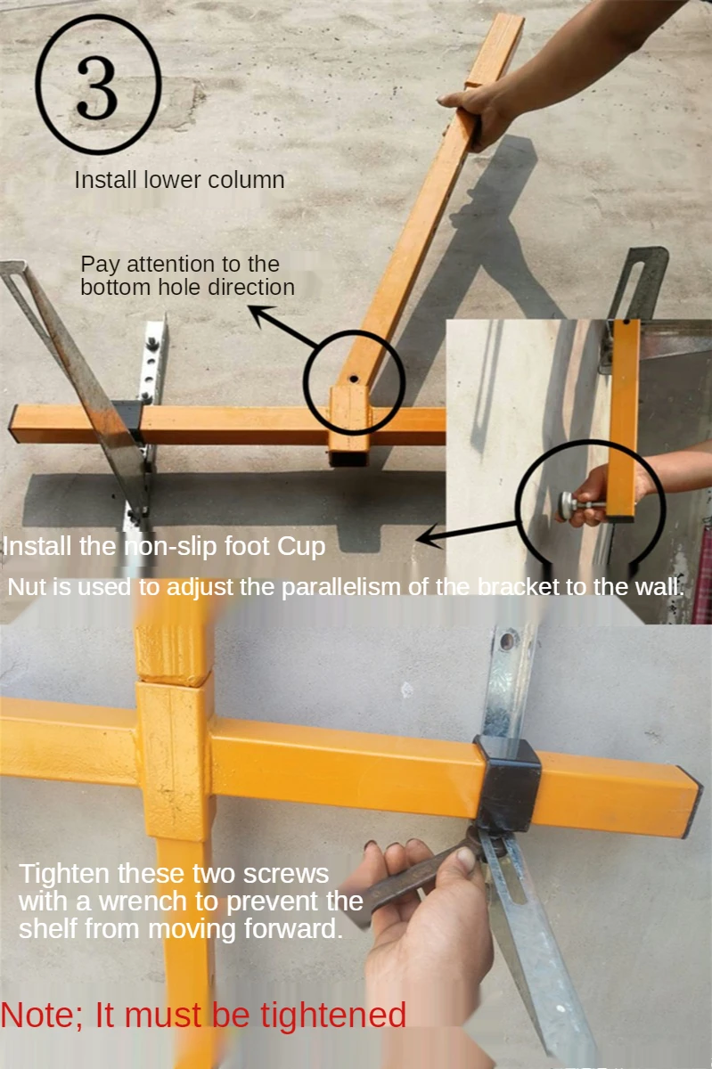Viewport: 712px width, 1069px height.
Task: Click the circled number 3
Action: click(x=98, y=85)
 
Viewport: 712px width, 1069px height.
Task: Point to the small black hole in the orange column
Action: click(x=354, y=379)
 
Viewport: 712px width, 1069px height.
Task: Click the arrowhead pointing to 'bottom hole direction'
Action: click(x=260, y=315)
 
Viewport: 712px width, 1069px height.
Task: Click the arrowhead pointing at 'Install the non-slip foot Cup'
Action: click(x=428, y=538)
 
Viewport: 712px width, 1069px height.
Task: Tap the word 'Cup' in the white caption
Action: click(x=301, y=547)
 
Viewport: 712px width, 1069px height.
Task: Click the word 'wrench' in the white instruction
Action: click(x=143, y=902)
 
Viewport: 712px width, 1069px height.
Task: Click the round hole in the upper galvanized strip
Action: click(x=506, y=641)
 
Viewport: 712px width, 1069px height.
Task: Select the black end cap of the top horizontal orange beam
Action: click(x=11, y=423)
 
